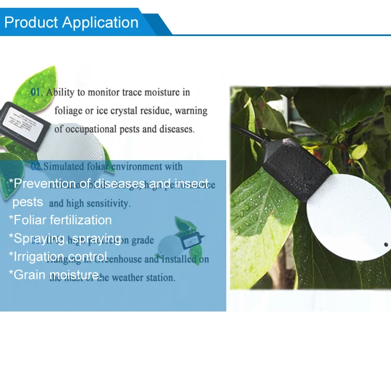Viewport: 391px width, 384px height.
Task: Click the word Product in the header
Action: [31, 23]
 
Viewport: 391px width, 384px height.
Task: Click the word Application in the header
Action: [100, 23]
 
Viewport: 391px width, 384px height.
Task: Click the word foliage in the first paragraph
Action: [71, 111]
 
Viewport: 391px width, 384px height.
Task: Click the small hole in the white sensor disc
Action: [386, 244]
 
